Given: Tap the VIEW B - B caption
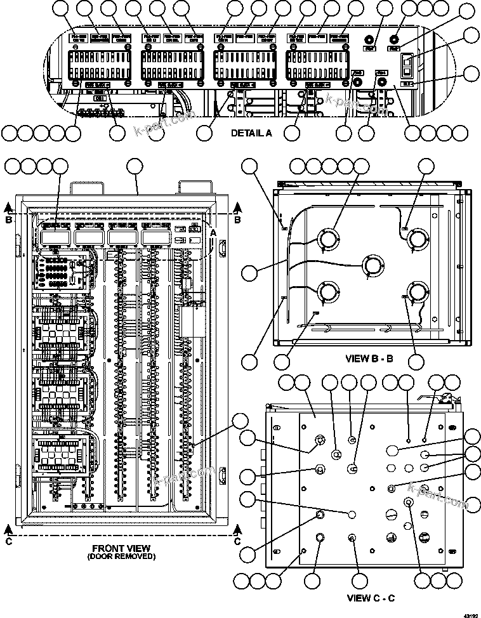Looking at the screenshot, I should (x=369, y=358).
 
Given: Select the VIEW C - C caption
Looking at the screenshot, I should (x=371, y=598).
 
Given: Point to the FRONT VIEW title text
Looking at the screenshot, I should (x=121, y=548).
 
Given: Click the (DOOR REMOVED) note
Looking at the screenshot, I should (x=121, y=556).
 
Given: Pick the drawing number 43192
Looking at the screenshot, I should (x=470, y=614).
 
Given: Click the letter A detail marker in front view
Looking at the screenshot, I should (x=213, y=233).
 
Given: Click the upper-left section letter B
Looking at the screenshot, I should (x=7, y=220).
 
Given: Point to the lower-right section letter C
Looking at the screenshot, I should (x=237, y=541).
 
